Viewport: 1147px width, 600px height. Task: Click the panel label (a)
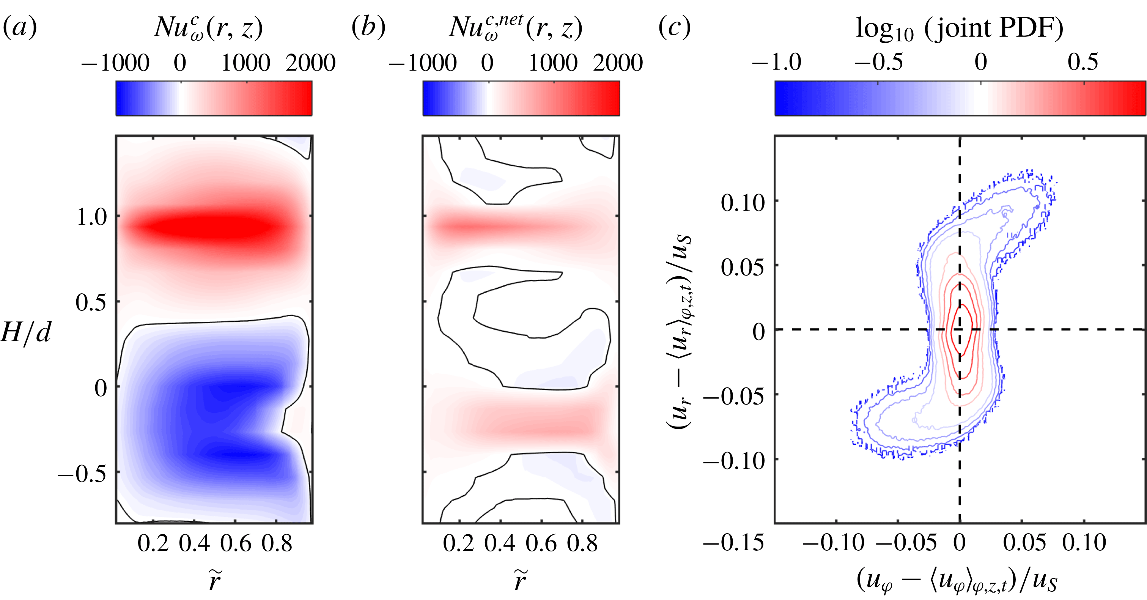20,28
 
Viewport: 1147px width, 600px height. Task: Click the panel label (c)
675,28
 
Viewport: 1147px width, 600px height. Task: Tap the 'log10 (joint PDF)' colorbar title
959,29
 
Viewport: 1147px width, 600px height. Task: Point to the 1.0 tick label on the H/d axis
92,217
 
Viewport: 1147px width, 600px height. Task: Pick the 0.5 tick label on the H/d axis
91,303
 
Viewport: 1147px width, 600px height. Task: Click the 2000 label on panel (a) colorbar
310,63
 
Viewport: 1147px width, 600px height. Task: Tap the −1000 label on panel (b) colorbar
423,63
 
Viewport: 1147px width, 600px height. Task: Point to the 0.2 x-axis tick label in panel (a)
153,543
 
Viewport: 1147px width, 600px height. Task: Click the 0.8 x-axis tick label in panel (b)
582,543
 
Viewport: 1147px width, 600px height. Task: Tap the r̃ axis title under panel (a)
214,580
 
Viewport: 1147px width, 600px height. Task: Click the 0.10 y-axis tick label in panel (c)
742,203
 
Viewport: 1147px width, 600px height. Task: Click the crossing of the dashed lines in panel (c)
960,329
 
